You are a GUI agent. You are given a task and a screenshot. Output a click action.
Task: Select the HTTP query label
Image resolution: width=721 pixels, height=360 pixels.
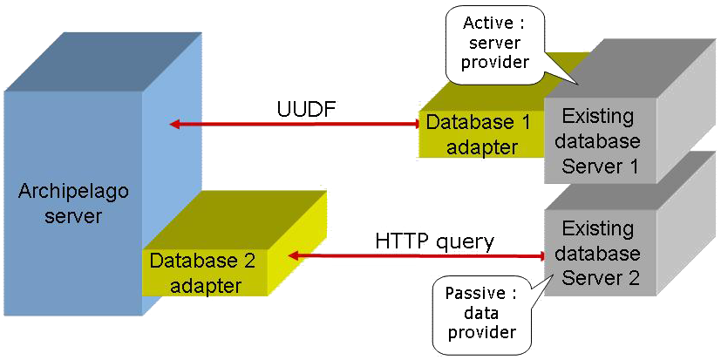click(x=434, y=240)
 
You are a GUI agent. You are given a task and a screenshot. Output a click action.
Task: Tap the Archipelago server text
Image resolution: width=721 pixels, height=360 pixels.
click(x=60, y=202)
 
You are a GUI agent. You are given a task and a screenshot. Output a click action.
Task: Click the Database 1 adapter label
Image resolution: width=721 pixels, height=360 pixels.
click(x=477, y=134)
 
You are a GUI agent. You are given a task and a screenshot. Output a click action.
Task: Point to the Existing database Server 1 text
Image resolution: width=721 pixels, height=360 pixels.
click(x=601, y=140)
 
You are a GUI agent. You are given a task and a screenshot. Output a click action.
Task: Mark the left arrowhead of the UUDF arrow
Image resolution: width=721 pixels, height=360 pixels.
click(x=175, y=125)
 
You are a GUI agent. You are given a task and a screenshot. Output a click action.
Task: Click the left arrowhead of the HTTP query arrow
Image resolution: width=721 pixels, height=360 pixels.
click(x=294, y=255)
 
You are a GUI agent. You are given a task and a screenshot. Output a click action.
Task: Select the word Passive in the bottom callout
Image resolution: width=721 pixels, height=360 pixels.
click(x=467, y=292)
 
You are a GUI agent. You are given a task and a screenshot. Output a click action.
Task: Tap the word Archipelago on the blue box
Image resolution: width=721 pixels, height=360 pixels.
click(x=60, y=191)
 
